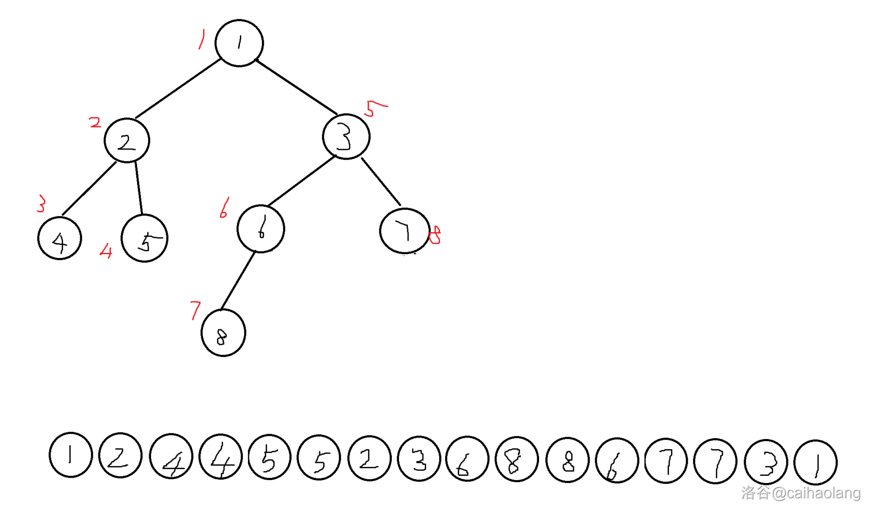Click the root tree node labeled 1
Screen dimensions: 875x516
click(239, 43)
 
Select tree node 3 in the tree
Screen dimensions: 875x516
click(346, 137)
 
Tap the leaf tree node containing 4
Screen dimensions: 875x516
click(60, 238)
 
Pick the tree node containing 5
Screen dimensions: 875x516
click(144, 238)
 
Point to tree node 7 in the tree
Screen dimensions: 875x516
click(404, 231)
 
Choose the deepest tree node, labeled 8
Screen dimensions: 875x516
click(223, 333)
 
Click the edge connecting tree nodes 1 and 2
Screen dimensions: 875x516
click(178, 89)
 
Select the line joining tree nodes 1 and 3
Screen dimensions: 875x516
click(296, 87)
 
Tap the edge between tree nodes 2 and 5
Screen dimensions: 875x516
click(139, 188)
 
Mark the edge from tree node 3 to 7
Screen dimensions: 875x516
click(381, 182)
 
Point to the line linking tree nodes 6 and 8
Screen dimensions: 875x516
click(238, 280)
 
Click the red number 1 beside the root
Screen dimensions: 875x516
click(202, 39)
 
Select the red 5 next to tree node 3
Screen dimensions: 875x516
click(375, 108)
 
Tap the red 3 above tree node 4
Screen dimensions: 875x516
click(42, 204)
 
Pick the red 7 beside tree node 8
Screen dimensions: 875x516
click(195, 310)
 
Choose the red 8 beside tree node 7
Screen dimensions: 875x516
click(435, 235)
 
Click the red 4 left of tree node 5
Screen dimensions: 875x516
click(106, 250)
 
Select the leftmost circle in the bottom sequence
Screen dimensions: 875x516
click(71, 455)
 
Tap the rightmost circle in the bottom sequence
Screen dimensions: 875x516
click(815, 462)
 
